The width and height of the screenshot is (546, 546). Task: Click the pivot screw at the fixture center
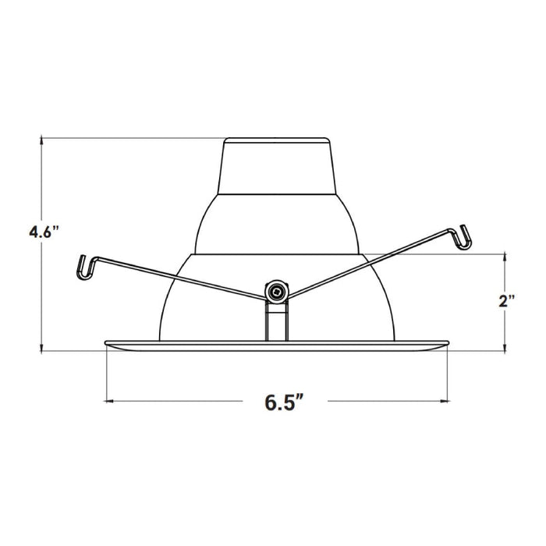click(275, 292)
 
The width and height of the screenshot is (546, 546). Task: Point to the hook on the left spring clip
click(83, 267)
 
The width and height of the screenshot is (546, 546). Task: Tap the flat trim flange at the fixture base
click(277, 346)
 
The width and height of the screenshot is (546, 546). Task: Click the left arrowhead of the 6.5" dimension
click(108, 401)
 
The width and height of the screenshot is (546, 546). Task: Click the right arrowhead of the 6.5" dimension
click(447, 401)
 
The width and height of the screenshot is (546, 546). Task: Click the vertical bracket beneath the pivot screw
click(275, 321)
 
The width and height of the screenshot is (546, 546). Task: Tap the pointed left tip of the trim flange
click(105, 342)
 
